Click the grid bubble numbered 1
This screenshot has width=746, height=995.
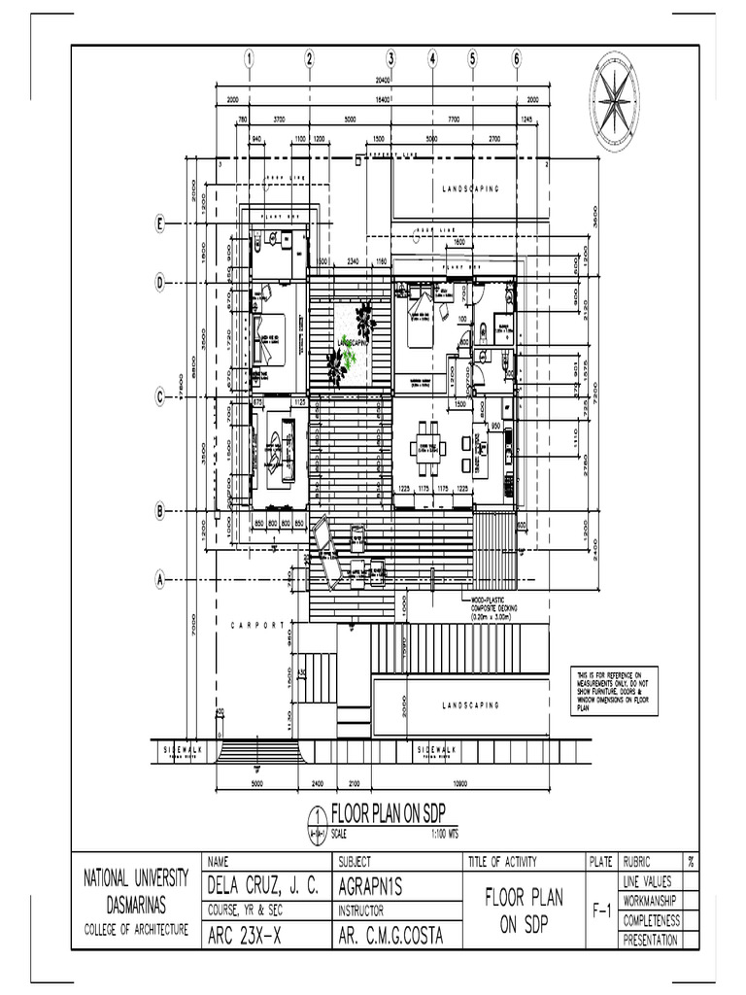click(250, 58)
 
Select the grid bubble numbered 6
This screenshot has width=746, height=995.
click(517, 58)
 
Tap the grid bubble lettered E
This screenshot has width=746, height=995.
click(161, 224)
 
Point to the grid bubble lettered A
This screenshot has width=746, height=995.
click(161, 580)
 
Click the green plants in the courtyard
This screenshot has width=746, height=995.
click(352, 340)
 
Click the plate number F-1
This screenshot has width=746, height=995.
click(601, 911)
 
